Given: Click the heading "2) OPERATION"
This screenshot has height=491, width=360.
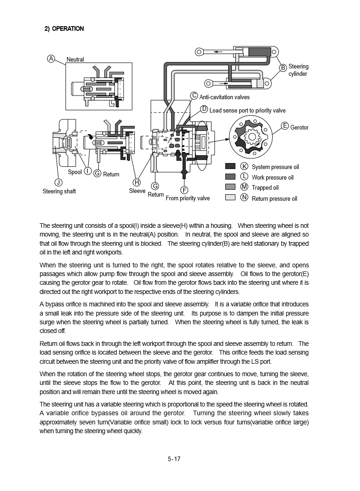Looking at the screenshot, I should pyautogui.click(x=64, y=28).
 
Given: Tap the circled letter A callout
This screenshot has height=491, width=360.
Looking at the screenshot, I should pyautogui.click(x=51, y=58).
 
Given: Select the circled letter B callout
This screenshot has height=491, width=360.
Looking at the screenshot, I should pyautogui.click(x=284, y=68).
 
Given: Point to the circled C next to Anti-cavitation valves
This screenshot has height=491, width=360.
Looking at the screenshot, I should pyautogui.click(x=194, y=96).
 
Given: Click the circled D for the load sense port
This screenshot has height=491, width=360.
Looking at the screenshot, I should pyautogui.click(x=204, y=109).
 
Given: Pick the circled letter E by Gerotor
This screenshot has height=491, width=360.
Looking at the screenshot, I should pyautogui.click(x=285, y=126).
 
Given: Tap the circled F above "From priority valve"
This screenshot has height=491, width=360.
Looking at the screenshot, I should pyautogui.click(x=184, y=190).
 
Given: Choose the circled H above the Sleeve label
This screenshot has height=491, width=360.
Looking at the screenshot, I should pyautogui.click(x=137, y=181).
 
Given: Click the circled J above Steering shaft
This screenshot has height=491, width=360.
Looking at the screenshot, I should pyautogui.click(x=58, y=182).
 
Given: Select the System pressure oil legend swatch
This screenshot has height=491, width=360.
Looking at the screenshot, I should pyautogui.click(x=230, y=166).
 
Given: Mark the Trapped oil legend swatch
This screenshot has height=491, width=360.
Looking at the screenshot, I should pyautogui.click(x=230, y=187).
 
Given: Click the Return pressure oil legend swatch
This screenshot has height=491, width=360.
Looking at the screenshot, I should pyautogui.click(x=230, y=198).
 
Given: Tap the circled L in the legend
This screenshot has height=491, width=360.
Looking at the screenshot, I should pyautogui.click(x=244, y=177).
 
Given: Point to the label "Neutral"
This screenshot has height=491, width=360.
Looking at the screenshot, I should pyautogui.click(x=75, y=60).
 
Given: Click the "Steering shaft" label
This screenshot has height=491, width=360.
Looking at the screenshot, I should pyautogui.click(x=59, y=191).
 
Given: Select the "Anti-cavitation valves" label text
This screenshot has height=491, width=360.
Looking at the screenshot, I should pyautogui.click(x=224, y=97).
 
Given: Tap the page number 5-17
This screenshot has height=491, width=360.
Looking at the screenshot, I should pyautogui.click(x=174, y=458).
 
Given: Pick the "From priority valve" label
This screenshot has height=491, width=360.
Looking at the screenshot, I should pyautogui.click(x=188, y=198).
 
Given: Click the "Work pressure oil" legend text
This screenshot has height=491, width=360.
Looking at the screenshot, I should pyautogui.click(x=273, y=177).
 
